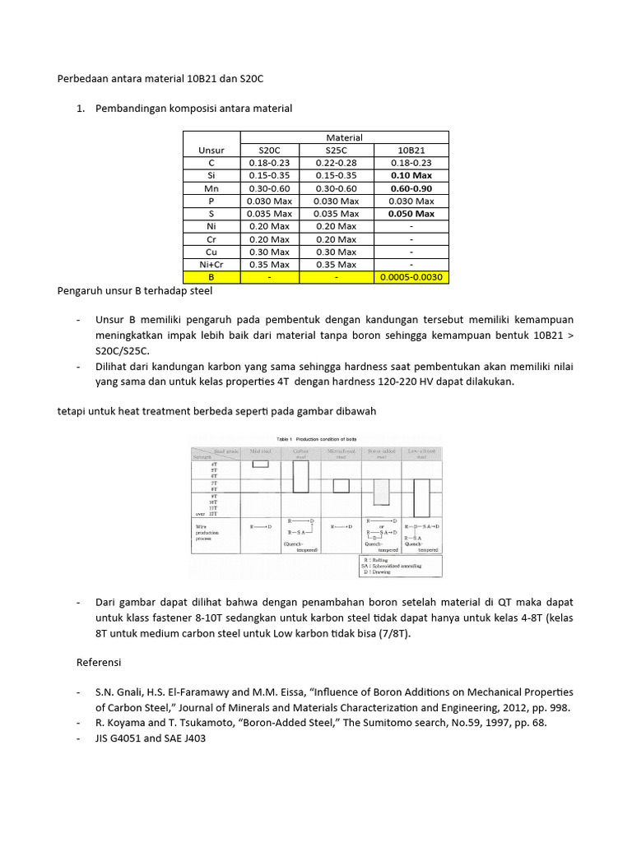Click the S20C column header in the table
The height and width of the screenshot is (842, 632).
[269, 150]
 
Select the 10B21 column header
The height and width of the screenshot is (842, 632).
[411, 150]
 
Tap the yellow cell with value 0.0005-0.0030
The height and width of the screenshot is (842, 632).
[411, 277]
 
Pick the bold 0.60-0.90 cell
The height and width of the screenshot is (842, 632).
[411, 188]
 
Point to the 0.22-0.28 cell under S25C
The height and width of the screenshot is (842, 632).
[337, 163]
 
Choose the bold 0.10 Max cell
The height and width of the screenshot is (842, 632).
[411, 176]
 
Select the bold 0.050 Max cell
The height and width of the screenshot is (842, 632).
[411, 214]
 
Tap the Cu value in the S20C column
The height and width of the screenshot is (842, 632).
[269, 252]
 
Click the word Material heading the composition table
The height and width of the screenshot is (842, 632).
[344, 137]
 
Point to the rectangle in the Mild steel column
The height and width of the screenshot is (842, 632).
[260, 464]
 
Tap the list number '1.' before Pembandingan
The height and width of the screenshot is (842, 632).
[81, 109]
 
